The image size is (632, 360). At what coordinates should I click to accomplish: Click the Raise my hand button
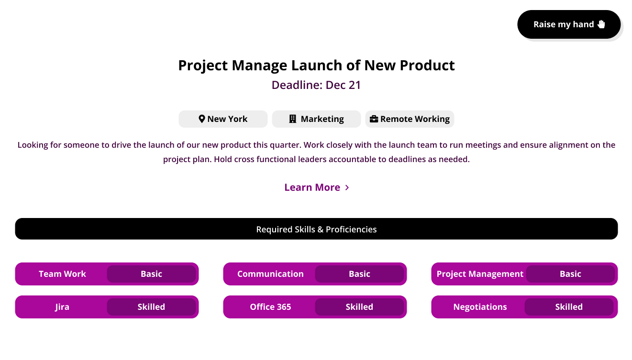(x=569, y=24)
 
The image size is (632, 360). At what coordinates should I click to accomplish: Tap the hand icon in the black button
(x=601, y=24)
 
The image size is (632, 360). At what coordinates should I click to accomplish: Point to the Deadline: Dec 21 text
(x=316, y=85)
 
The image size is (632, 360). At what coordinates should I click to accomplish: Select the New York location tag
(x=223, y=119)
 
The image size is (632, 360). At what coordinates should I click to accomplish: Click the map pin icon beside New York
(x=201, y=119)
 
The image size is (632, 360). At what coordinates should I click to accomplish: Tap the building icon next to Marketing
(x=293, y=119)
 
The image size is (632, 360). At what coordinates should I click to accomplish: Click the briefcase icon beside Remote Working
(x=374, y=119)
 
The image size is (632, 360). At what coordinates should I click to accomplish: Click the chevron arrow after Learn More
(x=347, y=187)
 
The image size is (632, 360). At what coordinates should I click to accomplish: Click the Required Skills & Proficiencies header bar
(x=316, y=229)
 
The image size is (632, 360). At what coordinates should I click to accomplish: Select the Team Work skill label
(x=62, y=274)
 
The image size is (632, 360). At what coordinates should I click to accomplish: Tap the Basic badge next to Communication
(x=359, y=274)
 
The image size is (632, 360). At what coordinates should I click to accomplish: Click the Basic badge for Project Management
(x=570, y=274)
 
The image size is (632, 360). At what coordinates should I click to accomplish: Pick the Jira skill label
(x=62, y=307)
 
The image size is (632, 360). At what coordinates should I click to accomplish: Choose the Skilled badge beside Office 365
(x=359, y=307)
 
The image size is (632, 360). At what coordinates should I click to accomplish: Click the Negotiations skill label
(x=480, y=307)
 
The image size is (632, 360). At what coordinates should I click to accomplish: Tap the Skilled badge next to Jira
(x=151, y=307)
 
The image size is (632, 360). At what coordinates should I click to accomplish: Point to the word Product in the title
(x=427, y=65)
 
